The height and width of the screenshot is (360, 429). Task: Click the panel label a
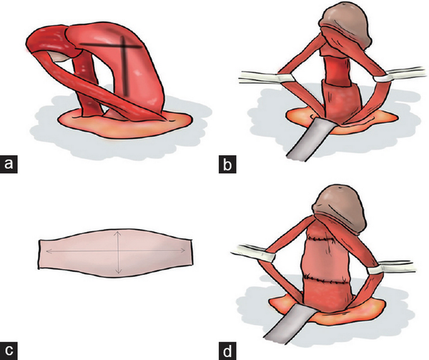click(9, 165)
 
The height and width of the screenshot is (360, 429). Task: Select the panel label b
click(227, 165)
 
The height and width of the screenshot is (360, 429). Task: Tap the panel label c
click(9, 351)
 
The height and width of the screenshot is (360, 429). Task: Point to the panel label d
click(227, 351)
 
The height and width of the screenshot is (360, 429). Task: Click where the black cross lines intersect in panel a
click(123, 46)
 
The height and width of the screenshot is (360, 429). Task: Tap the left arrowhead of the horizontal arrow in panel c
click(49, 251)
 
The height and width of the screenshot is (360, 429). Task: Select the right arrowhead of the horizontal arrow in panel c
click(183, 250)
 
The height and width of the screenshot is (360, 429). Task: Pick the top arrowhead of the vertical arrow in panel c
click(118, 233)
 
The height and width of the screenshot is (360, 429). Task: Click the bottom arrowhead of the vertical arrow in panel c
click(118, 271)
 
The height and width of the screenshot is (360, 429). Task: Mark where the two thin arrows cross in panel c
click(118, 250)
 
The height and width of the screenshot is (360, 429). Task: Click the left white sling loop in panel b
click(286, 78)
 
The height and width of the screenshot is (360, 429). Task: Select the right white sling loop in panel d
click(376, 271)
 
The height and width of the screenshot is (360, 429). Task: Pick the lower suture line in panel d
click(327, 281)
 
